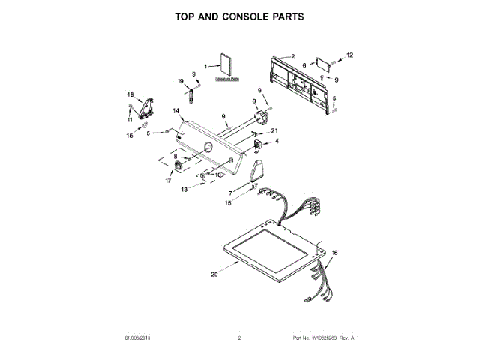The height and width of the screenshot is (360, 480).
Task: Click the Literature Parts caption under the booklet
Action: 226,78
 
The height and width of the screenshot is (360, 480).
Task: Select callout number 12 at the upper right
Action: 349,55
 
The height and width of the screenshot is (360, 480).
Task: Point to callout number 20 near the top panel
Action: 214,274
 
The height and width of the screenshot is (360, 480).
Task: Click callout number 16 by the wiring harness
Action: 334,253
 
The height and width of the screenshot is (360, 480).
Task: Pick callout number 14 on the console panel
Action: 176,111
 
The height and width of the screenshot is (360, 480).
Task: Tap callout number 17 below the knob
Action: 167,181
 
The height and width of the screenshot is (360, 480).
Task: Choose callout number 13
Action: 184,190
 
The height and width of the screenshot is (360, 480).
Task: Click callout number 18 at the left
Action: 130,94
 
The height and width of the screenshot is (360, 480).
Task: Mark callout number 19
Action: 180,81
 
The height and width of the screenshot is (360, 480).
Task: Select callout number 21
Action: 274,130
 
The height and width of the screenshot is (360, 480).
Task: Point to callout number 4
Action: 276,141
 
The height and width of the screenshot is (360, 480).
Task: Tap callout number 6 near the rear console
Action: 304,65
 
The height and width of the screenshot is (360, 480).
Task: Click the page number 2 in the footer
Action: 239,339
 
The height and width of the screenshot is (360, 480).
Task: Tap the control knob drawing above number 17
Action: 178,166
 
